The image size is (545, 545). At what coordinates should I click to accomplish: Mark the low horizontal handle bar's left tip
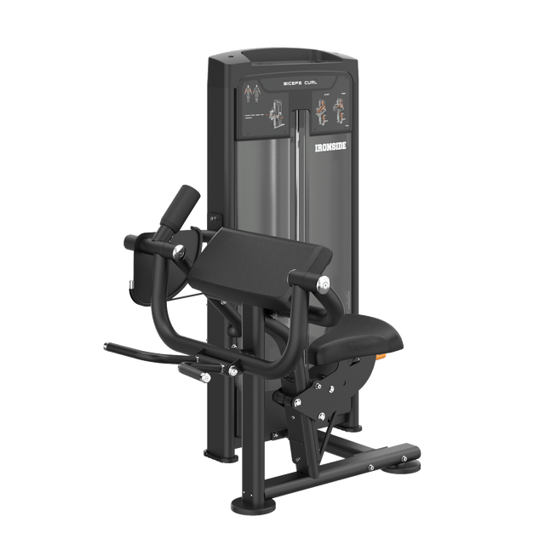click(107, 345)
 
